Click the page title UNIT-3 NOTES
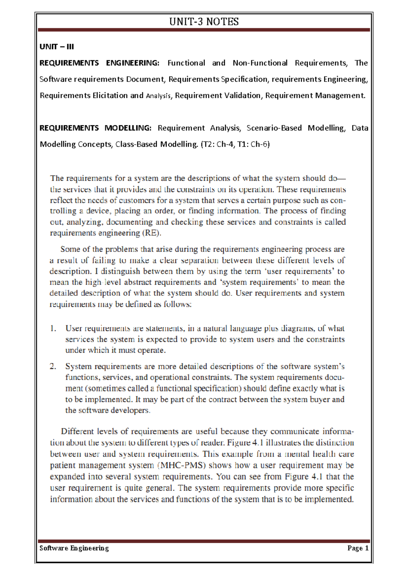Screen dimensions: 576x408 [x=204, y=22]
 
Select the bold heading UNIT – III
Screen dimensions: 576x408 [x=57, y=47]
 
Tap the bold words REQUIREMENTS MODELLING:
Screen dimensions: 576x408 [x=95, y=128]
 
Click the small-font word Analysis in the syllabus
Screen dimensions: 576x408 [x=158, y=96]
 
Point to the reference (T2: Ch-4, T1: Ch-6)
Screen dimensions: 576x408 [x=235, y=144]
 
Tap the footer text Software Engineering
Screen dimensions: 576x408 [x=74, y=548]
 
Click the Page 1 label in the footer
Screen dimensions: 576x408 [x=358, y=548]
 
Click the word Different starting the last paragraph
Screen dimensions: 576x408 [x=78, y=431]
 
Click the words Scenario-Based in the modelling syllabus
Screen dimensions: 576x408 [x=274, y=128]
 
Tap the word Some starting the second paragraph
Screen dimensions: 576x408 [x=70, y=249]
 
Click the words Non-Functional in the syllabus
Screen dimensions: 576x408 [x=260, y=63]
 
